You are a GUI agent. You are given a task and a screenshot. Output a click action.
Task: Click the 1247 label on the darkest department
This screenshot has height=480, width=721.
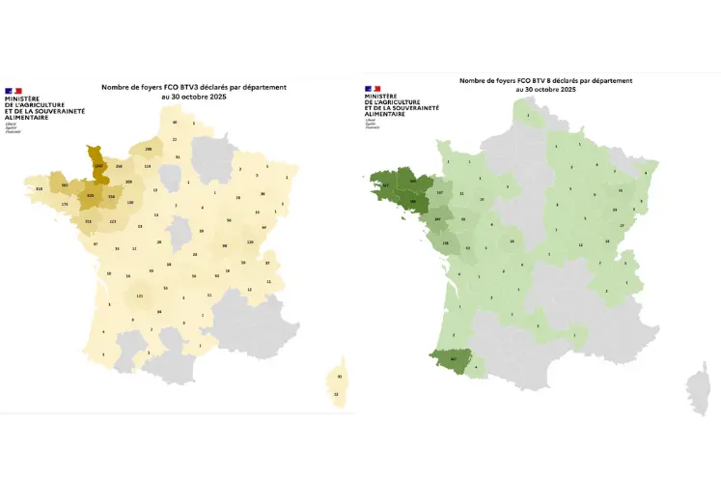point(97,165)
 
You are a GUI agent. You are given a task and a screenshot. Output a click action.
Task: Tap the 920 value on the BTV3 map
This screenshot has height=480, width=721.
point(91,196)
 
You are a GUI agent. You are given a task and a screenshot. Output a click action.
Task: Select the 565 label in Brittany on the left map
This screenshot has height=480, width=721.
point(65,185)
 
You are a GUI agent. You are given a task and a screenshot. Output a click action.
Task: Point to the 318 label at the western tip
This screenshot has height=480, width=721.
point(39,188)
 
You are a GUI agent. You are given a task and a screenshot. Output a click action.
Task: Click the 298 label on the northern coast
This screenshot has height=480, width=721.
point(148,150)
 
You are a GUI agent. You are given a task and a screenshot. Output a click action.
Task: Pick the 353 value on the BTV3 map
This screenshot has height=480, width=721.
point(88,221)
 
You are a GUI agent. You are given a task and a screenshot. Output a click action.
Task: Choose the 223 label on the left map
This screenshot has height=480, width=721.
point(113,221)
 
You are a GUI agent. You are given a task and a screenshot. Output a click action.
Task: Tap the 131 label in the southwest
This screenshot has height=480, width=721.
point(139,296)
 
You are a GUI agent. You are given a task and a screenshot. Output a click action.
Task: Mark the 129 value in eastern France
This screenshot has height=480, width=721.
point(250,241)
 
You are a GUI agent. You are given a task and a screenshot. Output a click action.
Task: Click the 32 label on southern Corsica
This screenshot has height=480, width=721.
point(336,394)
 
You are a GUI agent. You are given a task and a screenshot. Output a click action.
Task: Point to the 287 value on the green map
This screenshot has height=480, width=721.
point(438,219)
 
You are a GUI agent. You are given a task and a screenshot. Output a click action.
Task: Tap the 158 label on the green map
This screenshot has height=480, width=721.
point(445,242)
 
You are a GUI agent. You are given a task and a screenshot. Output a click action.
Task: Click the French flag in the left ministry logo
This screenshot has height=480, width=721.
point(14,91)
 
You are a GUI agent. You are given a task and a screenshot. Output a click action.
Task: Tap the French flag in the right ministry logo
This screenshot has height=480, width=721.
point(373,89)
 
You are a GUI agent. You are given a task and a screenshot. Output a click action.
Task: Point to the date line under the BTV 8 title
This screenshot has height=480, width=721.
point(545,89)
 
